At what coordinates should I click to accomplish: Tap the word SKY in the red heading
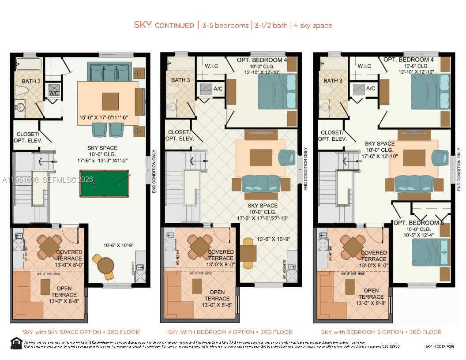coord(143,25)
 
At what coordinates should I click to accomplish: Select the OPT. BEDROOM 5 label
coord(418,223)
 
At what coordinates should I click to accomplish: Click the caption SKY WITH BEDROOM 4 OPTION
coord(230,332)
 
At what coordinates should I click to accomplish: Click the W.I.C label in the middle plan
coord(211,66)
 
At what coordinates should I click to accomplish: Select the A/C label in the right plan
coord(370,88)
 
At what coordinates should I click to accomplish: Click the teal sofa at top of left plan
coord(109,71)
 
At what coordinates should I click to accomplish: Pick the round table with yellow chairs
coord(105,266)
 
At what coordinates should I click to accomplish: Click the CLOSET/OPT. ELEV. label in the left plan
coord(28,137)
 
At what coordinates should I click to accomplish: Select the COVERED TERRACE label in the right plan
coord(374,256)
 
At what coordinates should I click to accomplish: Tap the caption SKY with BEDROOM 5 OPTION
coord(381,332)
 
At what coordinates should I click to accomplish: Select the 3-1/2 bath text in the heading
coord(270,26)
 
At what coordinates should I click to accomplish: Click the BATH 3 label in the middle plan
coord(180,80)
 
